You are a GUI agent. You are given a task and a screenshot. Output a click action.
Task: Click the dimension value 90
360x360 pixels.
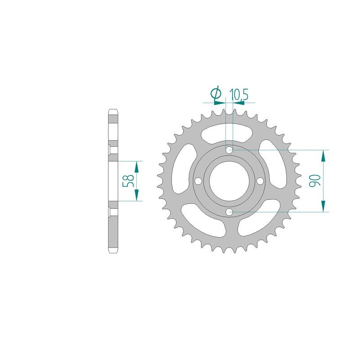click(x=314, y=181)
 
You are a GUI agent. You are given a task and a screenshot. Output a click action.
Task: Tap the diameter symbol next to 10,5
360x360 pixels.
click(x=216, y=94)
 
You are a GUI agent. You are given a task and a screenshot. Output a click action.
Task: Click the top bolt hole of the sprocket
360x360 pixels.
click(x=229, y=150)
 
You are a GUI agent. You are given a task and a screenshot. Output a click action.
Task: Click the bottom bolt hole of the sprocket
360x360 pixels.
click(x=229, y=212)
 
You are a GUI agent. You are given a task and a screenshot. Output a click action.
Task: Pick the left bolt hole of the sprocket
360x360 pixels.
click(x=198, y=181)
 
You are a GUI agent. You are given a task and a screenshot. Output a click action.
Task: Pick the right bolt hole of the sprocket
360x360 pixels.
click(x=261, y=181)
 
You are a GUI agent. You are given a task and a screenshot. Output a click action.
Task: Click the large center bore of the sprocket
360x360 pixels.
click(x=229, y=181)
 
